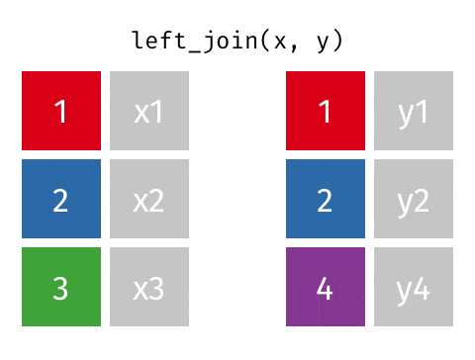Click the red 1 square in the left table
coord(61,111)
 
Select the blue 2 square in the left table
coord(61,199)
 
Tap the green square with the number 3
coord(61,287)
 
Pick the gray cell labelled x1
coord(149,111)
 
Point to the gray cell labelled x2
coord(149,199)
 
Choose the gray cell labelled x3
coord(149,287)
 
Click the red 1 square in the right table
coord(326,111)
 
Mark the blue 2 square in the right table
coord(326,199)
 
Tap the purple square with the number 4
coord(326,287)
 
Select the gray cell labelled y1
coord(414,111)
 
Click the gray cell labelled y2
coord(414,199)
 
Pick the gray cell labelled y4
coord(414,287)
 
